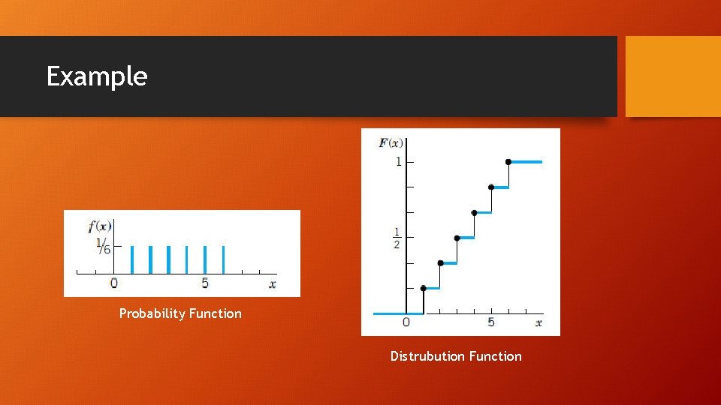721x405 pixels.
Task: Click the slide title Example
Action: pyautogui.click(x=97, y=76)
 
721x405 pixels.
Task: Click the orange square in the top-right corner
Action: pyautogui.click(x=673, y=76)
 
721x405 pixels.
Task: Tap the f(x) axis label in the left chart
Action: pyautogui.click(x=99, y=226)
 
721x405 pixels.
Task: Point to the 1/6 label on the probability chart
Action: pyautogui.click(x=103, y=245)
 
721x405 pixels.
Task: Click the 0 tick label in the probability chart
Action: pyautogui.click(x=113, y=283)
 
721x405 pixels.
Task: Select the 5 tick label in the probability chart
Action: pyautogui.click(x=205, y=283)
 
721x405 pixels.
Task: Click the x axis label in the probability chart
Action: pyautogui.click(x=272, y=283)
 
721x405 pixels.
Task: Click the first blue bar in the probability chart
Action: pyautogui.click(x=132, y=259)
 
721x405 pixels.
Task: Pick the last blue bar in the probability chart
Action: pyautogui.click(x=224, y=259)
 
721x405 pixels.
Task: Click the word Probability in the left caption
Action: pyautogui.click(x=152, y=313)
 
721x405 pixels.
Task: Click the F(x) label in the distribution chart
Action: pyautogui.click(x=391, y=142)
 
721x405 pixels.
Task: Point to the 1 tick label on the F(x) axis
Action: pyautogui.click(x=398, y=162)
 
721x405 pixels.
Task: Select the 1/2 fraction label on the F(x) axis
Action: pyautogui.click(x=397, y=238)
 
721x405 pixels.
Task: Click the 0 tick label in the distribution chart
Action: pyautogui.click(x=406, y=322)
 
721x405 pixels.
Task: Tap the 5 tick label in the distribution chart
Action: pyautogui.click(x=491, y=322)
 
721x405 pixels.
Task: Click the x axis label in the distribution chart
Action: pyautogui.click(x=538, y=322)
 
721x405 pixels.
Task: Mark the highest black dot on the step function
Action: pyautogui.click(x=508, y=162)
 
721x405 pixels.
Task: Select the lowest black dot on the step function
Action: pyautogui.click(x=424, y=288)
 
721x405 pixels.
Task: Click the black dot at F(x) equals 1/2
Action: pyautogui.click(x=457, y=238)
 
